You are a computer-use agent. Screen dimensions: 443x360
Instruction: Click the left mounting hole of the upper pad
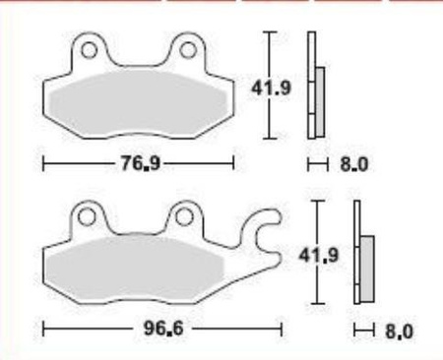point(89,50)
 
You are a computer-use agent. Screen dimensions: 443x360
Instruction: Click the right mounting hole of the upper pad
point(188,50)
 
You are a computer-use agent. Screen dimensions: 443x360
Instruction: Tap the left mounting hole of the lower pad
point(87,217)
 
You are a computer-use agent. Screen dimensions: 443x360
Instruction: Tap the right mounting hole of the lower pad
point(183,217)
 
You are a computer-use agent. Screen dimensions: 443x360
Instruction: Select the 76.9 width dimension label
point(141,163)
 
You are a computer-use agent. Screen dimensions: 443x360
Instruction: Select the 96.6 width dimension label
point(163,329)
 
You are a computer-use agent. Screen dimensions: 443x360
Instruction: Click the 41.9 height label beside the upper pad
point(271,88)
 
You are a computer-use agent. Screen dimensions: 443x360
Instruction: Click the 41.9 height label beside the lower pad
point(318,255)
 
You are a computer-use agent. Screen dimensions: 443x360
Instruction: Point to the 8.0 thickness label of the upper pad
point(354,164)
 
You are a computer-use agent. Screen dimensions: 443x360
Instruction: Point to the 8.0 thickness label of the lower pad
point(400,331)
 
